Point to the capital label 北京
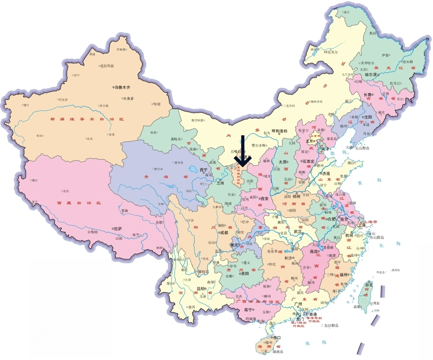310,141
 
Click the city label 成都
223,232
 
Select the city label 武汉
298,232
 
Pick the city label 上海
362,225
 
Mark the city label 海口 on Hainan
277,337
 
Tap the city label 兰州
221,183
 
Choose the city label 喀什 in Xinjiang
26,105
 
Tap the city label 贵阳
244,274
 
